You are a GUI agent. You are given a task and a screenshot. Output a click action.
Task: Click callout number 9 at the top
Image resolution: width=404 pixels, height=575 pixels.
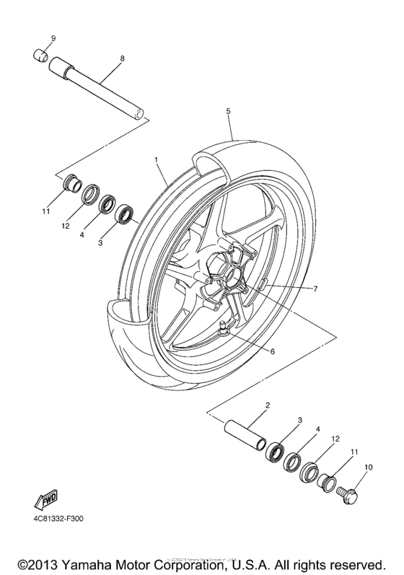pos(53,37)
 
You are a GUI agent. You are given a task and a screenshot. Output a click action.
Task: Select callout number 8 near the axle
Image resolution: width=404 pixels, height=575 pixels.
pos(122,58)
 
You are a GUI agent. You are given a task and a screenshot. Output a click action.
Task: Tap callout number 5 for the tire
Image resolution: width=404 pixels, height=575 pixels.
pos(227,111)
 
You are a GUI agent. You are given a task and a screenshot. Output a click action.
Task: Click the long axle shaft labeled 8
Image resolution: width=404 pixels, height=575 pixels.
pos(97,89)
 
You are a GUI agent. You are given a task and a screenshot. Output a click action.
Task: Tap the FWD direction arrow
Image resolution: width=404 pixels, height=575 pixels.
pos(44,500)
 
